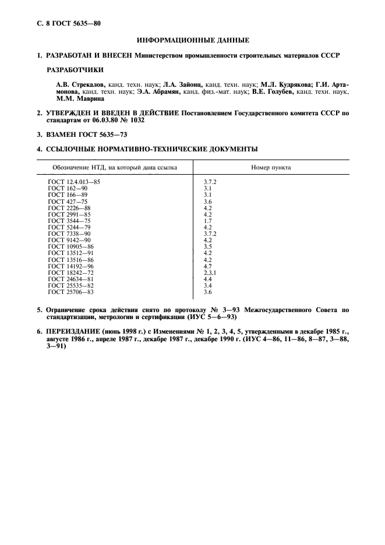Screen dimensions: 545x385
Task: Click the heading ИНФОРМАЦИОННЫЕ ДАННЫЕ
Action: [193, 40]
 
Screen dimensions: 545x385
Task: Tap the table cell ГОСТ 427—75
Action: [68, 201]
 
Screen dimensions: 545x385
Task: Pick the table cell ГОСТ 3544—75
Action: [69, 221]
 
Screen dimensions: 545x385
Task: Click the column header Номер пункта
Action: [271, 167]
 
